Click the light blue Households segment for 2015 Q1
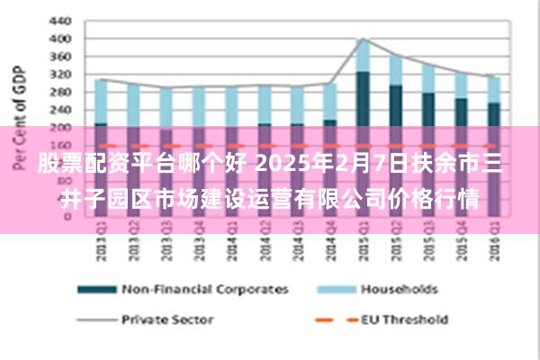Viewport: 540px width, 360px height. pyautogui.click(x=363, y=55)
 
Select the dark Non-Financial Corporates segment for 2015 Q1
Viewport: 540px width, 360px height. pyautogui.click(x=363, y=99)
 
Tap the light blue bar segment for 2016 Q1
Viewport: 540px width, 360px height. pyautogui.click(x=493, y=89)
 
